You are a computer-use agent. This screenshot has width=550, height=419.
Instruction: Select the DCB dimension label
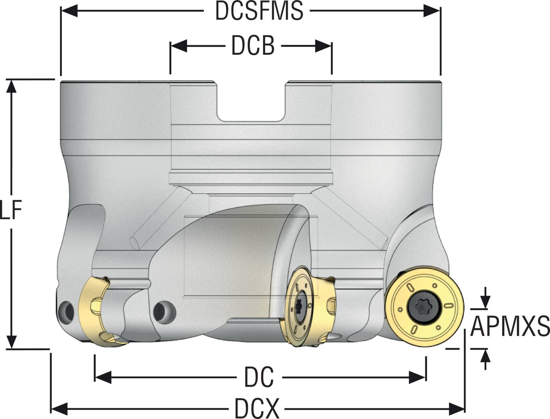click(253, 46)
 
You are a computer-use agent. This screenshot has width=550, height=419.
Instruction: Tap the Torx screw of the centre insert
click(301, 306)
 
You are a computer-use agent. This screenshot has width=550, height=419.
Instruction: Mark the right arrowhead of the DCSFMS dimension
click(433, 11)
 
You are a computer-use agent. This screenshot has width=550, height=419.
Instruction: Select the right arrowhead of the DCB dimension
click(324, 46)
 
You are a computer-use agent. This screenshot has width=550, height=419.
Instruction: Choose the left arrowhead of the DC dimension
click(102, 377)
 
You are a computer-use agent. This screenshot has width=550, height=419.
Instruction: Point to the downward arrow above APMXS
click(485, 302)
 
